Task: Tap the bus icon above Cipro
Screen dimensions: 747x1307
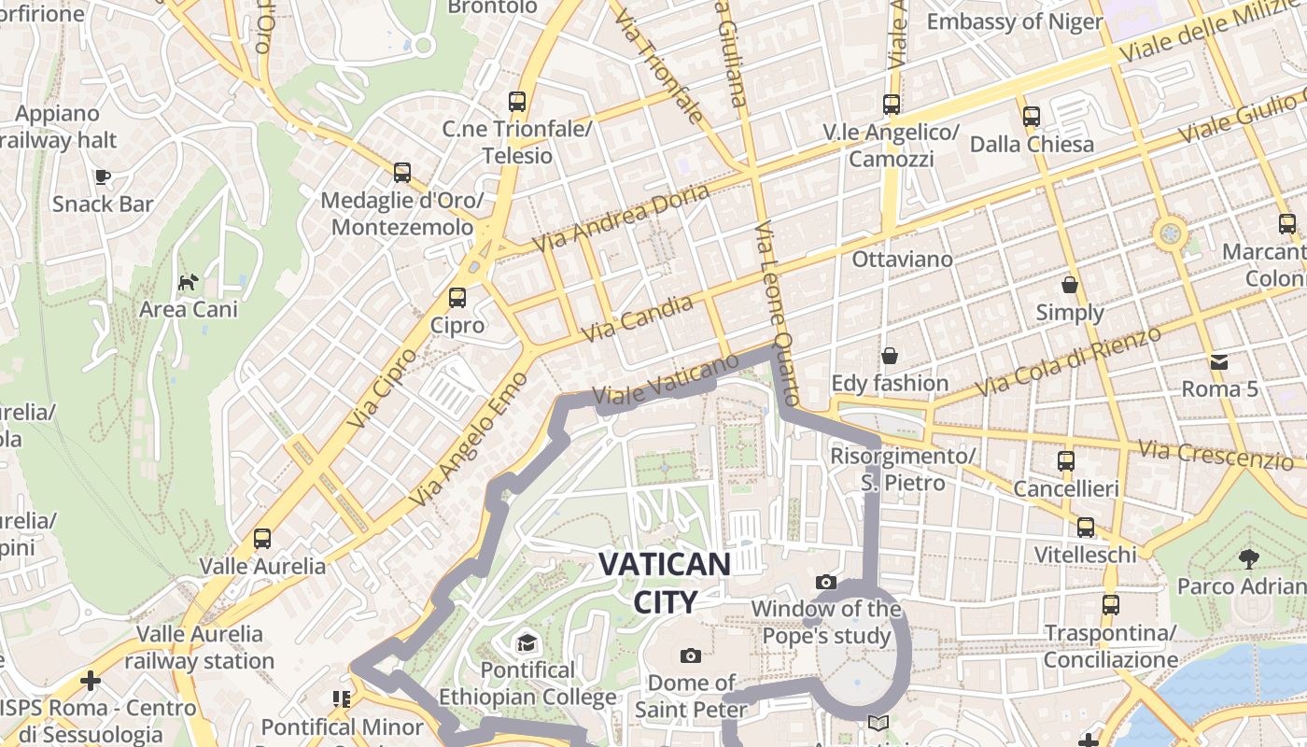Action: click(x=457, y=298)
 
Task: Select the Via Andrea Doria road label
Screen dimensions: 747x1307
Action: click(x=621, y=217)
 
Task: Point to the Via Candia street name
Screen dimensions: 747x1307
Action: click(x=638, y=317)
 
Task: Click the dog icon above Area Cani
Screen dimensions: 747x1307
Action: click(x=189, y=281)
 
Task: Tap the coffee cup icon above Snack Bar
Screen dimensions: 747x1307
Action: click(x=103, y=176)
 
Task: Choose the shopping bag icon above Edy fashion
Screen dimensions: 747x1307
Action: click(x=890, y=356)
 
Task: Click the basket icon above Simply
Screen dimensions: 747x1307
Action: click(x=1070, y=285)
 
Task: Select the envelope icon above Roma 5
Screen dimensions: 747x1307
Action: click(x=1219, y=361)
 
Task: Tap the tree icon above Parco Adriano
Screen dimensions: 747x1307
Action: click(x=1248, y=559)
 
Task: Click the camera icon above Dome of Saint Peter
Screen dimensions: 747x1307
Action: click(x=691, y=655)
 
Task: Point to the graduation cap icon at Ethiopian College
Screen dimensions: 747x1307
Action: click(x=527, y=642)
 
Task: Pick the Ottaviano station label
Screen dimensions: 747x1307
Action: click(x=902, y=259)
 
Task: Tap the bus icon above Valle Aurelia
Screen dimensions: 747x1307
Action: click(x=262, y=539)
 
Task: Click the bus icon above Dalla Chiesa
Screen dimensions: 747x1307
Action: click(x=1032, y=117)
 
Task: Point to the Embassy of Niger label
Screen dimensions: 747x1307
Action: click(x=1015, y=21)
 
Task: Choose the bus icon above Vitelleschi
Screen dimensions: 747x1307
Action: click(x=1086, y=528)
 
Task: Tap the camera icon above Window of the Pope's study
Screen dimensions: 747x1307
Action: click(x=826, y=583)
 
